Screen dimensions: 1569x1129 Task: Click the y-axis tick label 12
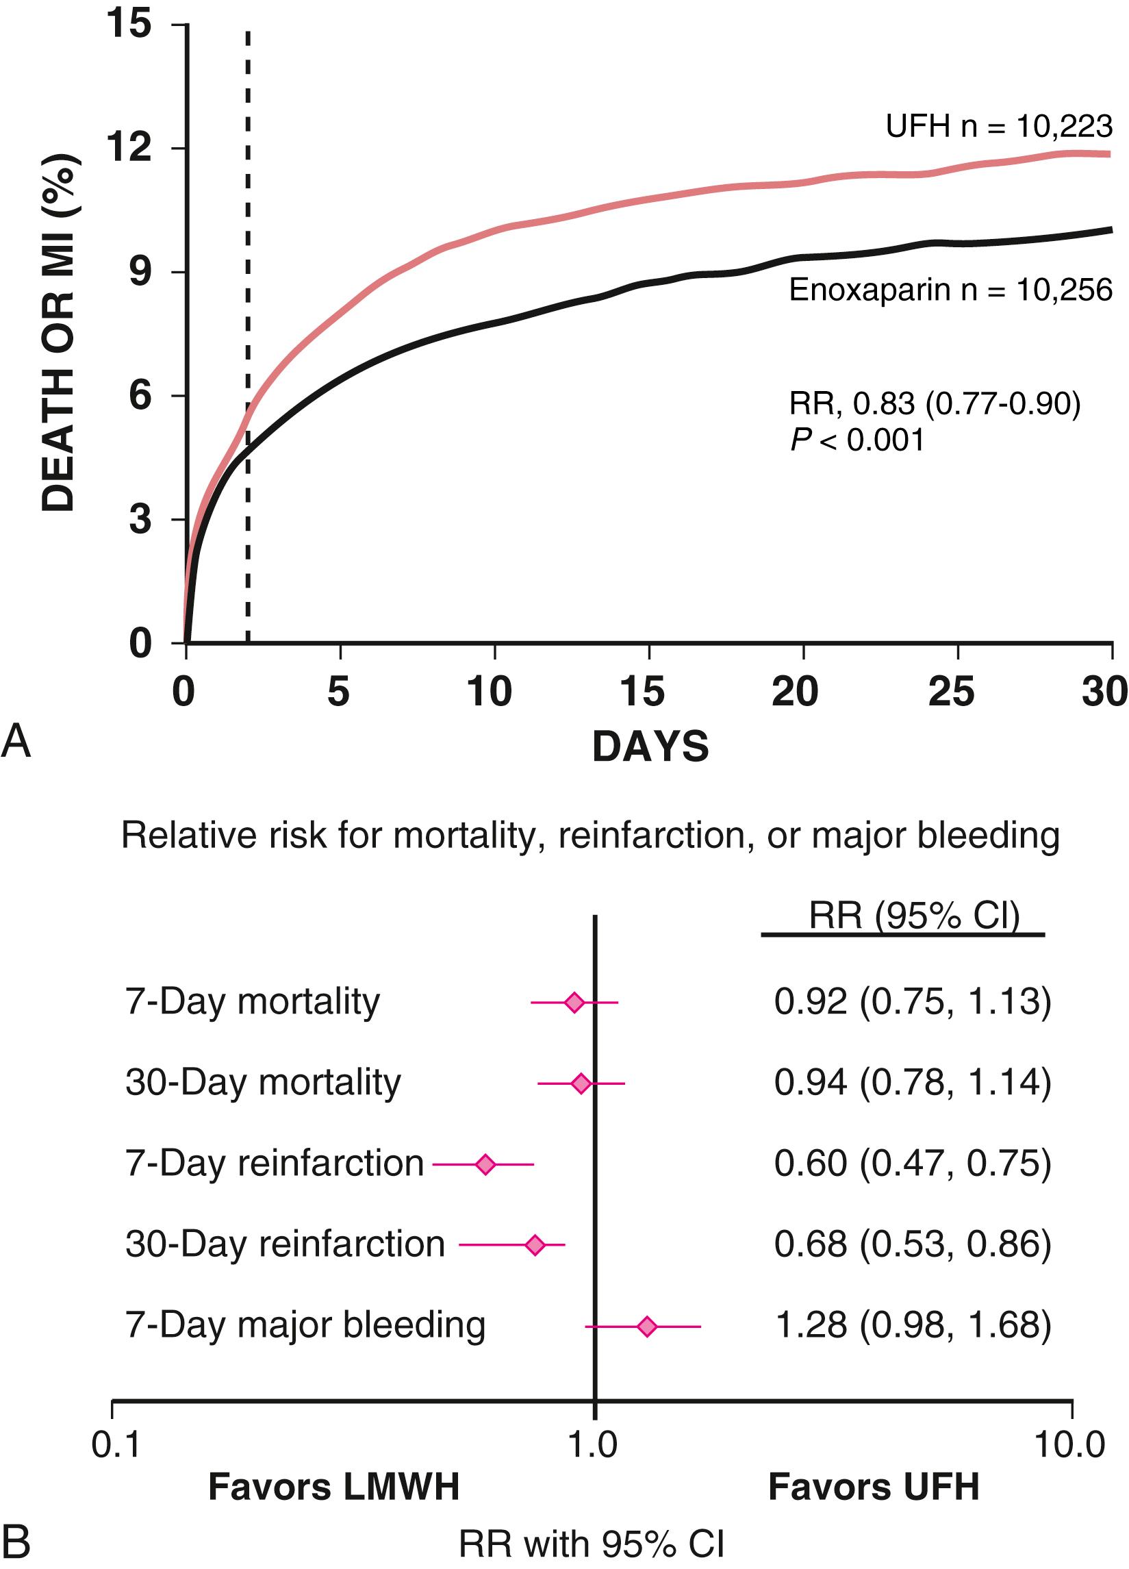129,148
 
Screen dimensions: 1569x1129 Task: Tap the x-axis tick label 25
951,691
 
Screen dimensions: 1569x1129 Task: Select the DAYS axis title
650,746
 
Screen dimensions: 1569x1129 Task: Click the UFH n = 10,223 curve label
999,127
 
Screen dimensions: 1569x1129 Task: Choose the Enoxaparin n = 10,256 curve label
950,290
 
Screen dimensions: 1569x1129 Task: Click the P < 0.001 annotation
857,439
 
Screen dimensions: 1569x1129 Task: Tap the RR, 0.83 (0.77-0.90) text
935,403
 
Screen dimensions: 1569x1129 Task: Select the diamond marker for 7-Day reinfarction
485,1165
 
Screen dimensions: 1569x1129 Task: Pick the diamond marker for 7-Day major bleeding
647,1327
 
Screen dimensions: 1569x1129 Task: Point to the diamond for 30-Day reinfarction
535,1245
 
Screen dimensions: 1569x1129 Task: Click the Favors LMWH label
333,1487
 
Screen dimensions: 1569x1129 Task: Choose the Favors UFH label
874,1487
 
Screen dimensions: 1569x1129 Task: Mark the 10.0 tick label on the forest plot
1069,1445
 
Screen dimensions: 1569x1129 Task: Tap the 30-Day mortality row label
263,1083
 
